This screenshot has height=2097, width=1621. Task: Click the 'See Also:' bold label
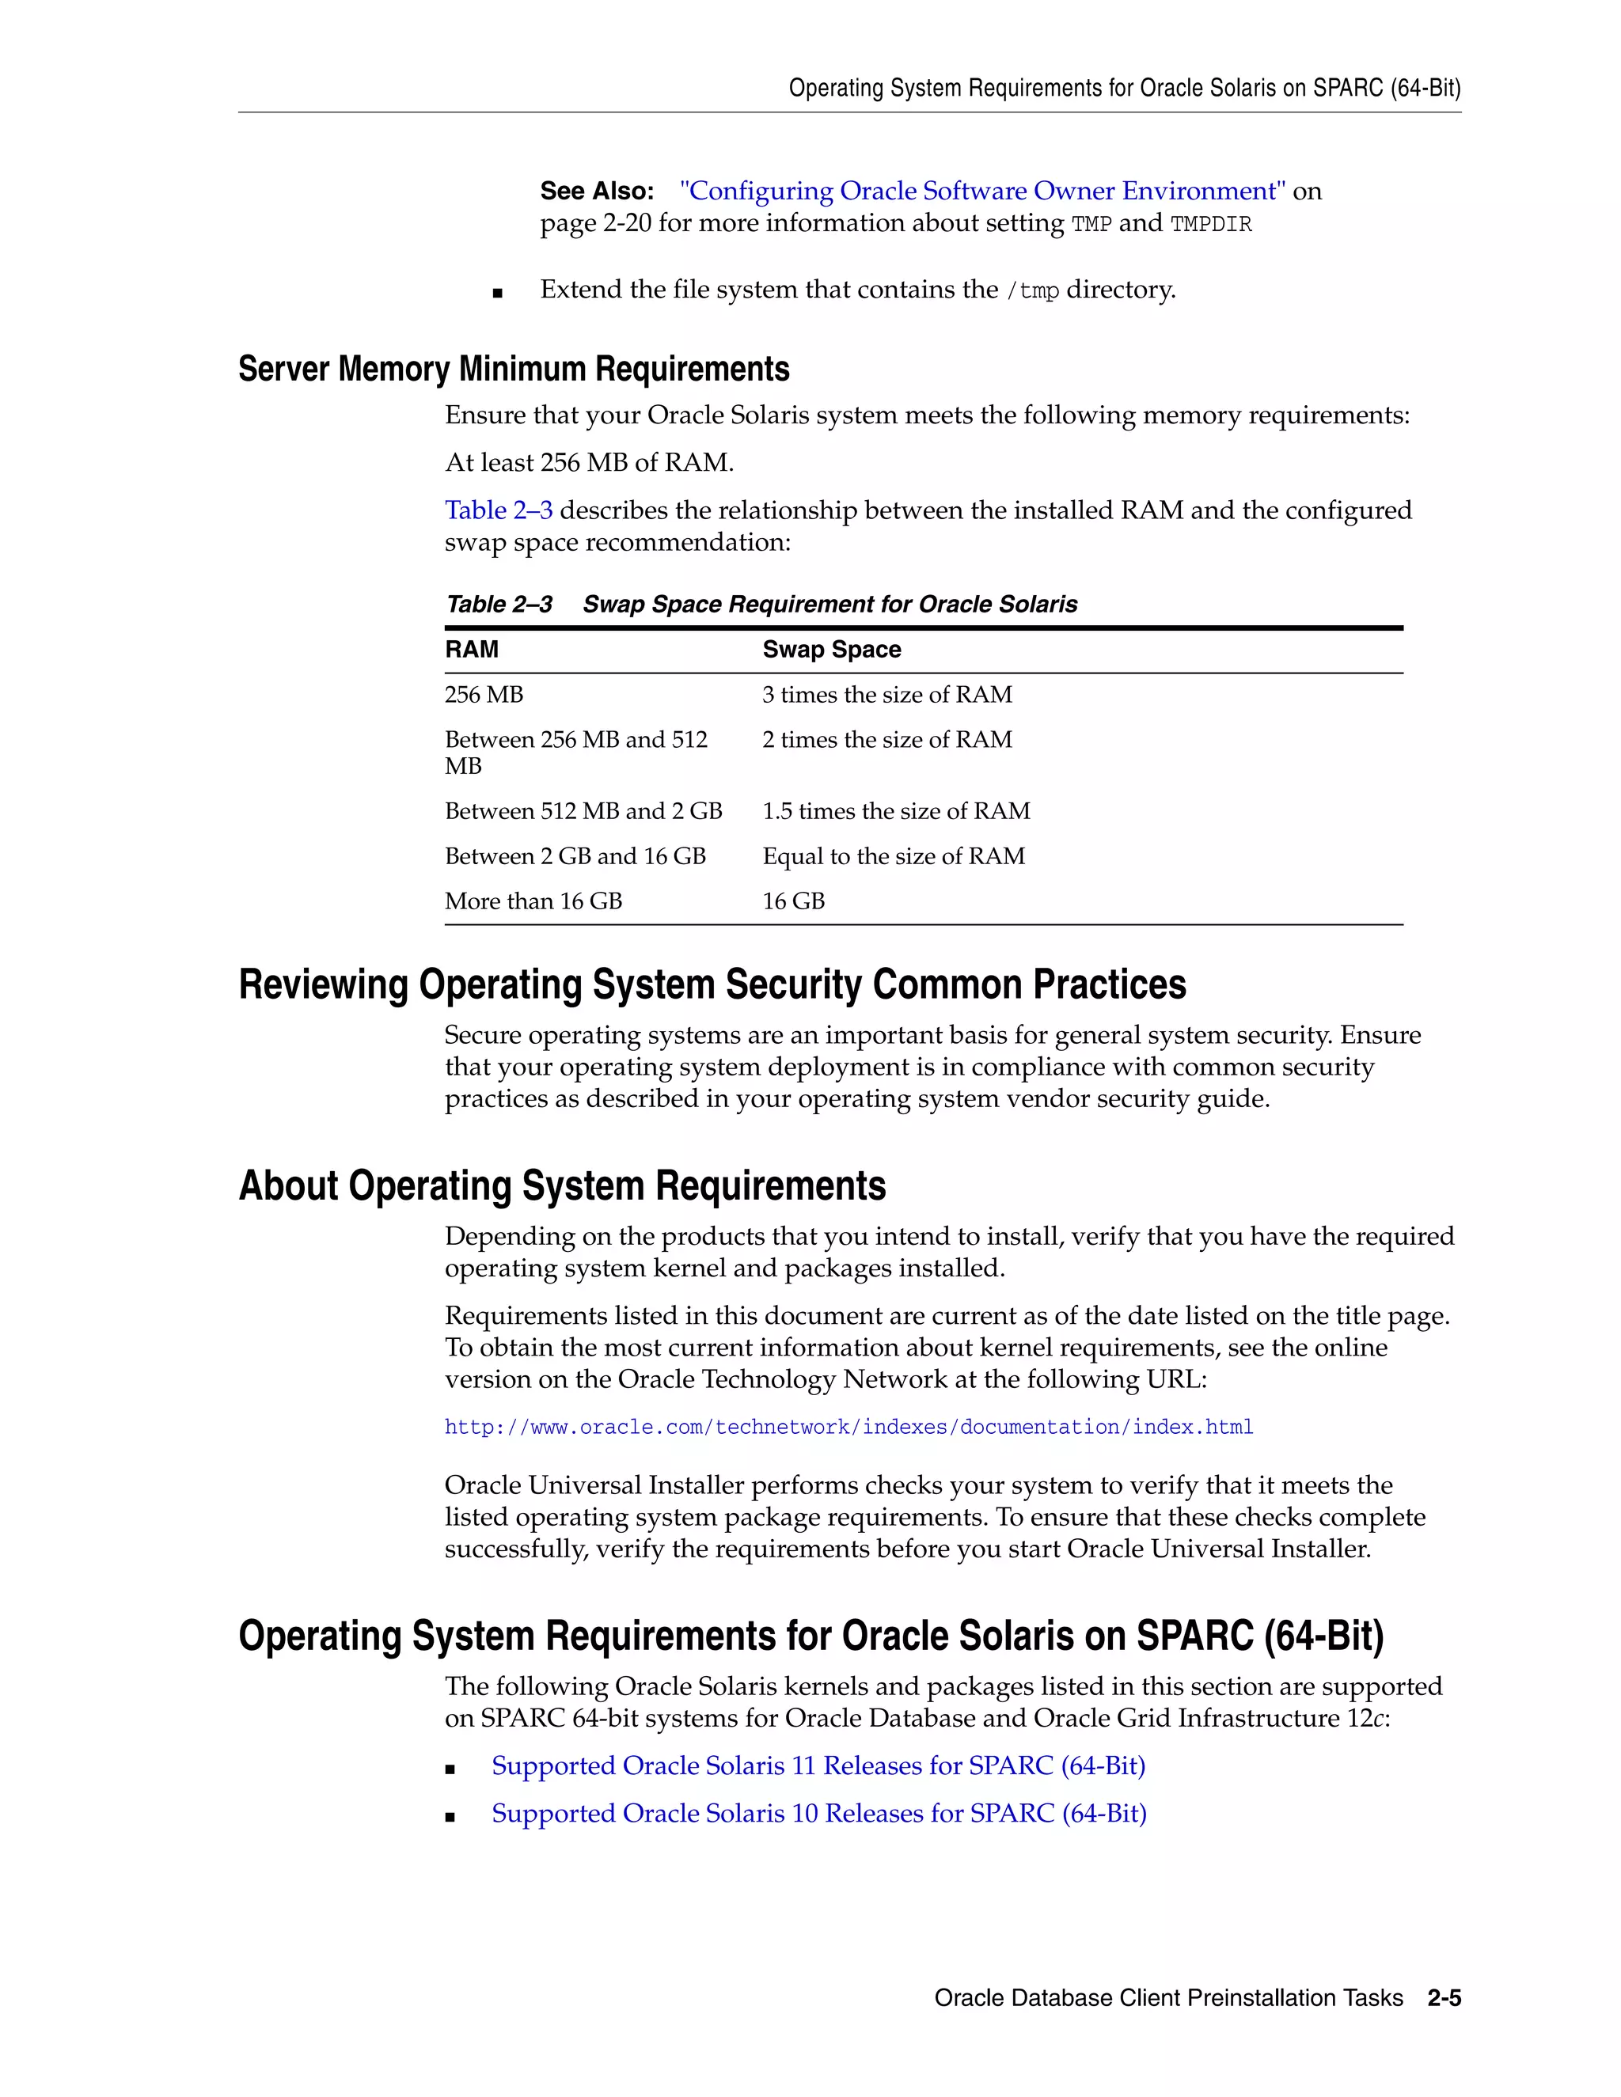(x=596, y=191)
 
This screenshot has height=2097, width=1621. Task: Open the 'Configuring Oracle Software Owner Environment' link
(x=981, y=191)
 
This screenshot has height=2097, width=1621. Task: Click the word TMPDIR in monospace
(x=1210, y=225)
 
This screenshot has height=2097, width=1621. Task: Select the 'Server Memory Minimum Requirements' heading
(x=513, y=369)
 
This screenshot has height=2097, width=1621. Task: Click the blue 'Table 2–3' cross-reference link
(x=499, y=510)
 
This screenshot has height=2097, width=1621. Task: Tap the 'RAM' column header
(x=472, y=650)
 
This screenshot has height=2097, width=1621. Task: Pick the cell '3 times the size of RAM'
(x=886, y=694)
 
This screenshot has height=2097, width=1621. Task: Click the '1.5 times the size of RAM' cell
(x=895, y=811)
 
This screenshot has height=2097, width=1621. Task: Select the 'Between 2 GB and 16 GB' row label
(x=575, y=856)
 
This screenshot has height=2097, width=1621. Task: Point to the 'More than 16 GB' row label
(x=533, y=901)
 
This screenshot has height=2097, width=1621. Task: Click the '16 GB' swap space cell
(x=793, y=901)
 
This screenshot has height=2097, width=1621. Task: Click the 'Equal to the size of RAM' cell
(x=893, y=856)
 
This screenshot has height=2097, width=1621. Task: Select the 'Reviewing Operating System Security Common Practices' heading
(x=712, y=985)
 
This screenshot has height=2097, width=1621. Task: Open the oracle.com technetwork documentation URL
(x=848, y=1428)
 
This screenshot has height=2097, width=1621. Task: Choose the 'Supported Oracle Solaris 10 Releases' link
(x=818, y=1813)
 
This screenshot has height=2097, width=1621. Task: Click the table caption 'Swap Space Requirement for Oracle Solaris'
(x=829, y=604)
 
